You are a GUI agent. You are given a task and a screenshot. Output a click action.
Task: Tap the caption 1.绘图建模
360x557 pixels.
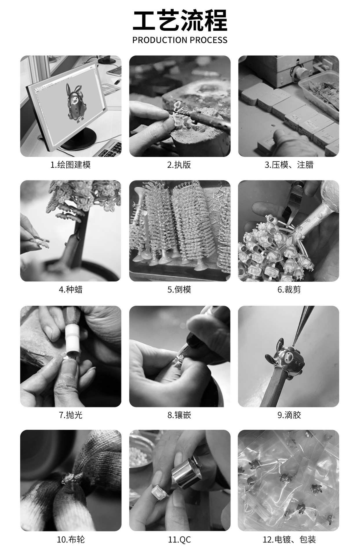pos(70,165)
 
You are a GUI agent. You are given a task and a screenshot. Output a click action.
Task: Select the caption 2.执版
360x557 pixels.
pos(179,165)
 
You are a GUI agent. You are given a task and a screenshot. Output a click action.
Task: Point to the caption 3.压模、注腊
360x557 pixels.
pos(289,165)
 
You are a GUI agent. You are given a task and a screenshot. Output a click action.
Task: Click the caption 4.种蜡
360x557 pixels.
pos(70,290)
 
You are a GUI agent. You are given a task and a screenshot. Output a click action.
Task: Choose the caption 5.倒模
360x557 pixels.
pos(179,290)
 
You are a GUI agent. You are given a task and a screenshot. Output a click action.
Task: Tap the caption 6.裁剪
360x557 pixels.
pos(289,290)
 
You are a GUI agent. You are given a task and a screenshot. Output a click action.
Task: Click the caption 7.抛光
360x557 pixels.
pos(70,415)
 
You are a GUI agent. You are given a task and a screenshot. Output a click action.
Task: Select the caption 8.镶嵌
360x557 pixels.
pos(179,415)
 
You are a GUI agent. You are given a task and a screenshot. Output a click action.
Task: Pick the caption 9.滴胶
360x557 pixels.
pos(289,415)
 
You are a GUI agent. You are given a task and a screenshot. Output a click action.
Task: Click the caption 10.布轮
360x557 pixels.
pos(70,540)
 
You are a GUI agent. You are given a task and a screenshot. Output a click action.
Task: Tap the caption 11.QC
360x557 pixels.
pos(179,540)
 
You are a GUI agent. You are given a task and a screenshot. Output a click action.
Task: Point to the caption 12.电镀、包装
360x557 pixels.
pos(289,540)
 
